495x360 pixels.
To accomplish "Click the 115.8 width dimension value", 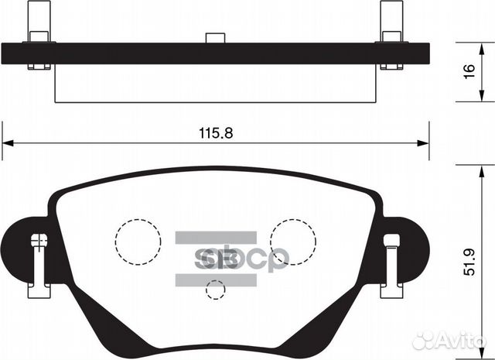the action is tap(216, 133).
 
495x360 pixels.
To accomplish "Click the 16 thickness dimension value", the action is tap(470, 71).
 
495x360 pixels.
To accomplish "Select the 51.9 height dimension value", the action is tap(470, 262).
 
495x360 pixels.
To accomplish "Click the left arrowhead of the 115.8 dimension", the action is tap(8, 143).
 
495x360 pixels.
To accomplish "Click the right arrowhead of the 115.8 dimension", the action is tap(423, 143).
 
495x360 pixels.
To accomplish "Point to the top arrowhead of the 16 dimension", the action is tap(481, 49).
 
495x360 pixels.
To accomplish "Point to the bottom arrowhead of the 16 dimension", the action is tap(481, 96).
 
